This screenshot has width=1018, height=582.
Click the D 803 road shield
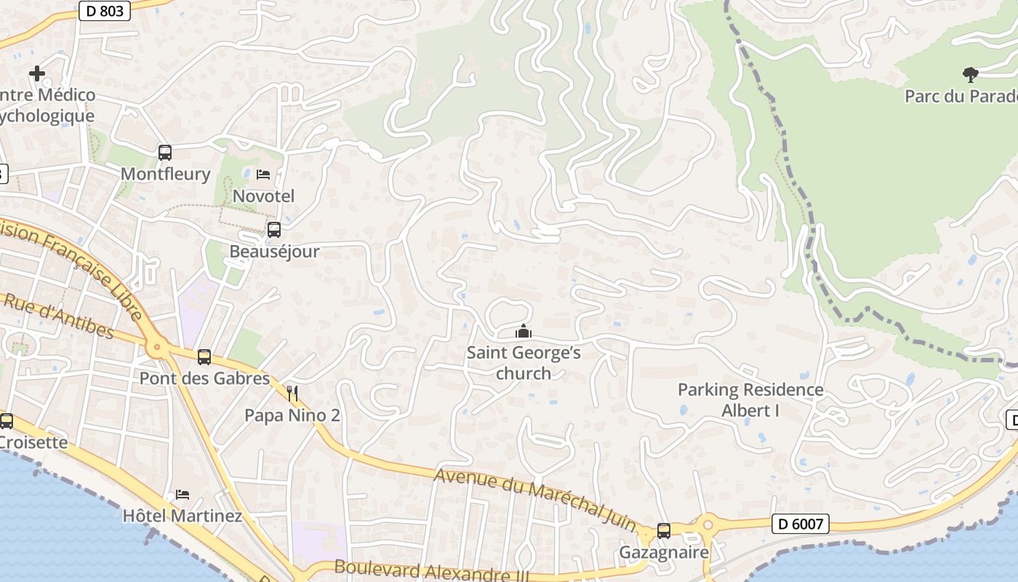tap(105, 11)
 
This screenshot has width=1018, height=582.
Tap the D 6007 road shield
tap(800, 523)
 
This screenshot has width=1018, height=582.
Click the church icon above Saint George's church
tap(524, 332)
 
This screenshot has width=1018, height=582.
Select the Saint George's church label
tap(524, 363)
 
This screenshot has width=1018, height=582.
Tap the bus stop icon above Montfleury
tap(165, 153)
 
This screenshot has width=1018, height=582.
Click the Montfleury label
tap(165, 174)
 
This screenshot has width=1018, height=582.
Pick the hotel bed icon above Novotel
tap(263, 175)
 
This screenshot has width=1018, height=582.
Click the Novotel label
tap(263, 196)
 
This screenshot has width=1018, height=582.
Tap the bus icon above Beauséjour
tap(274, 230)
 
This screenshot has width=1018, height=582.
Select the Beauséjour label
tap(274, 252)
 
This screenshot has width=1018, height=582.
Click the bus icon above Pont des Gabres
tap(204, 357)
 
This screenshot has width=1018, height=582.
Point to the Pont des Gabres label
tap(204, 378)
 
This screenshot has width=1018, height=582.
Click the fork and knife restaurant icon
tap(292, 394)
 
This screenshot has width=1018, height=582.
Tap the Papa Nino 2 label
tap(292, 415)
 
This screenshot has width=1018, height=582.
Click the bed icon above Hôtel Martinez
tap(183, 495)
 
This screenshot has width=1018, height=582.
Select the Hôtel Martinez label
tap(183, 516)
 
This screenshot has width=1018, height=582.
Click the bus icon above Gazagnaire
tap(664, 531)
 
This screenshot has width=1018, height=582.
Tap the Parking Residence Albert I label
tap(750, 399)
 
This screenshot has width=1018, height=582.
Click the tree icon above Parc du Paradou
tap(970, 73)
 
